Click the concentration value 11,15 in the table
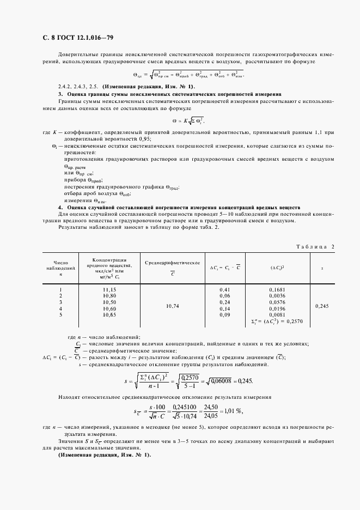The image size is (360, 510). point(109,289)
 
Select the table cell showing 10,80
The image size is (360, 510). point(109,295)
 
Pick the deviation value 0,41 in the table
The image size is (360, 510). point(224,289)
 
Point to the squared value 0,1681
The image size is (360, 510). point(277,289)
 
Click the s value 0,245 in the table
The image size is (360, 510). point(323,306)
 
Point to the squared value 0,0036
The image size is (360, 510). point(277,295)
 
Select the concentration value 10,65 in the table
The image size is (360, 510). point(109,315)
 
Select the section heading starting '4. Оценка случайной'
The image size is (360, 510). point(179,208)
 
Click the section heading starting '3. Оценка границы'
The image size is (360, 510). point(169,94)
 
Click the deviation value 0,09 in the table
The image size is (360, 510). point(224,315)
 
